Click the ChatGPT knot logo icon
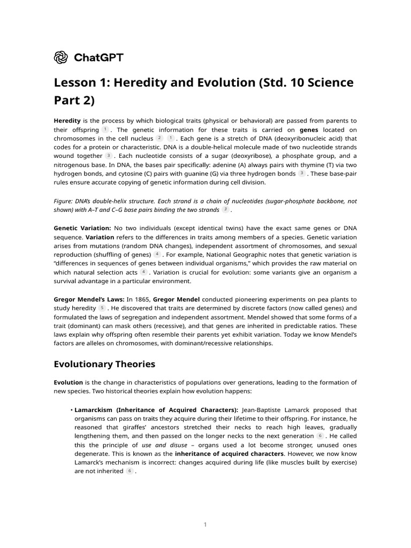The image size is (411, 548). point(61,57)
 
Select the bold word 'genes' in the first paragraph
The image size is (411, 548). point(309,130)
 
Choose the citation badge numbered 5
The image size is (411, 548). point(102,308)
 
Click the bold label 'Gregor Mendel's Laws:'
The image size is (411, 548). point(89,299)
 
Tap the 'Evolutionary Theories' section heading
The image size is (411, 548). point(104,364)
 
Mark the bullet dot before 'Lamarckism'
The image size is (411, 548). point(71,410)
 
